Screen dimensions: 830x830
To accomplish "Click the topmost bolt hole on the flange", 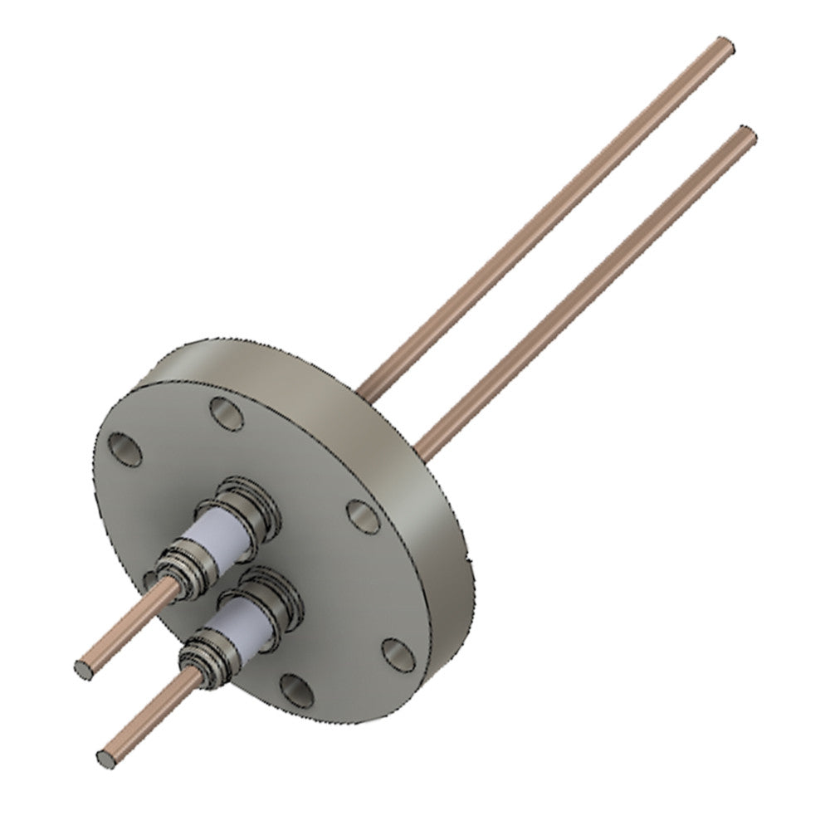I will tap(226, 413).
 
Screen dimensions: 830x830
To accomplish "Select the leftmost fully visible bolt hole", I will tap(125, 449).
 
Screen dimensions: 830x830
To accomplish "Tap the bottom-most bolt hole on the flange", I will tap(296, 690).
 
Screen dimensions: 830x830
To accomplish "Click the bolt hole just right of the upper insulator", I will tap(363, 516).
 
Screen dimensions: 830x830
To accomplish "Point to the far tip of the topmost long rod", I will tap(725, 46).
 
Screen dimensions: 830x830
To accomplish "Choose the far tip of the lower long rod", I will tap(745, 134).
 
